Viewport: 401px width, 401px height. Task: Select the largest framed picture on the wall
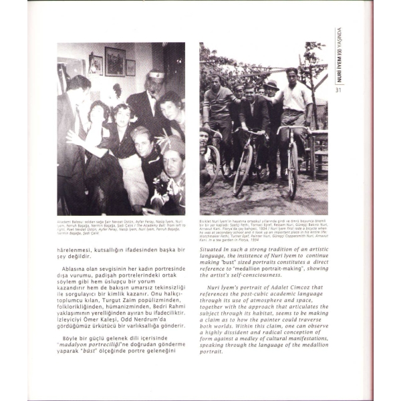tap(114, 61)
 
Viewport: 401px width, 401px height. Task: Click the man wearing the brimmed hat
tap(271, 100)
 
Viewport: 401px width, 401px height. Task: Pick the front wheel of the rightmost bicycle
tap(293, 172)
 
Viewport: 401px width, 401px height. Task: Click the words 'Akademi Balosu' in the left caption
tap(70, 219)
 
